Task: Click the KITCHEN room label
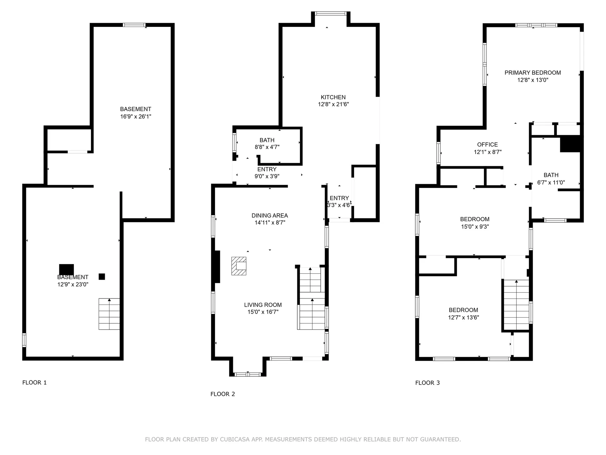click(333, 97)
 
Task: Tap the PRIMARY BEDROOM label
click(532, 73)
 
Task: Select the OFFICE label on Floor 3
click(487, 145)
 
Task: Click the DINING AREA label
click(270, 215)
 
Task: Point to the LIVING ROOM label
click(263, 305)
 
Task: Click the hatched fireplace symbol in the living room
click(239, 266)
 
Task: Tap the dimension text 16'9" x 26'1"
click(136, 117)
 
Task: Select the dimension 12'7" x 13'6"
click(463, 318)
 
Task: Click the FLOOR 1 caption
click(34, 383)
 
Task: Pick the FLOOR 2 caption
click(223, 394)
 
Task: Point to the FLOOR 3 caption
click(427, 383)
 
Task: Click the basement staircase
click(109, 314)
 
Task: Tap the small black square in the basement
click(102, 276)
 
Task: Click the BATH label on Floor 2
click(267, 140)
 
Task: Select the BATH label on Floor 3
click(551, 175)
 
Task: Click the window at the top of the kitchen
click(331, 13)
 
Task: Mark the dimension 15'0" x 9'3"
click(475, 227)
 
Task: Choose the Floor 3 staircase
click(516, 305)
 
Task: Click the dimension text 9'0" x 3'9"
click(267, 176)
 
